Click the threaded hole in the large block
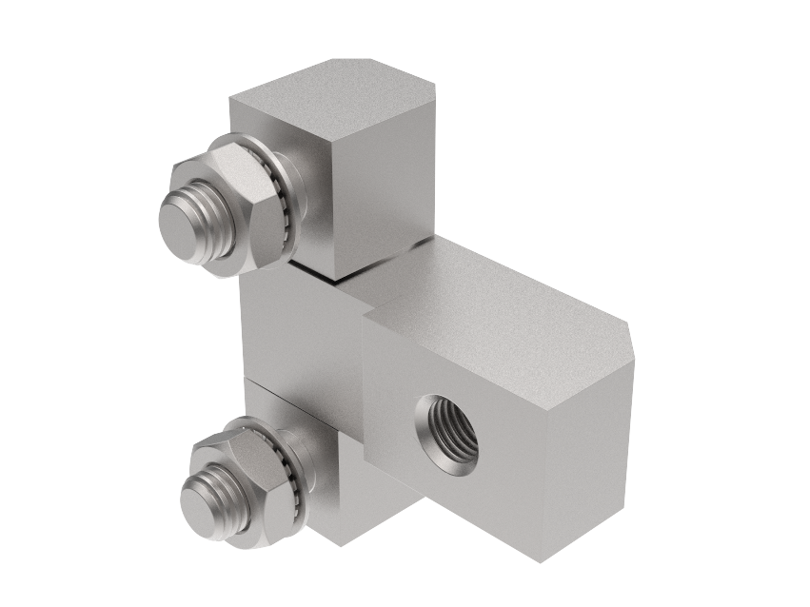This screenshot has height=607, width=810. (447, 434)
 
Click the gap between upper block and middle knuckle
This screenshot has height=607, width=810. (314, 272)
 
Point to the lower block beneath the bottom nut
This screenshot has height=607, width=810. (343, 495)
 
